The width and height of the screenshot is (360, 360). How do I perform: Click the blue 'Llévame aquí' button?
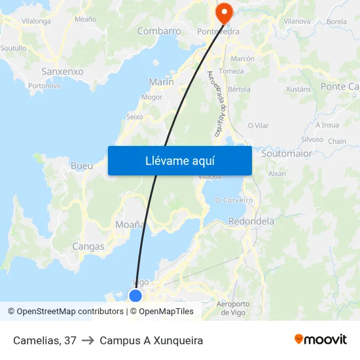point(179,160)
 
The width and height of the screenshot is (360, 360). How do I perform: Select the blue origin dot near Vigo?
point(135,296)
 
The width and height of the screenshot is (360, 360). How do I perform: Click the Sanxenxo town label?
point(62,71)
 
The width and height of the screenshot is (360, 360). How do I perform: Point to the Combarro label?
point(159,31)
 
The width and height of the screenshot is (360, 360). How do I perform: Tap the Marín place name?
point(161,82)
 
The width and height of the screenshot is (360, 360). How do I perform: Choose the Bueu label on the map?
point(82,166)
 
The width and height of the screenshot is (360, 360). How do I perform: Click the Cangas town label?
point(88,247)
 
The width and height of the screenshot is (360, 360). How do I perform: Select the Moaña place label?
point(130,225)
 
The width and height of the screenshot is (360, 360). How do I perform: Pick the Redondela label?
point(251,221)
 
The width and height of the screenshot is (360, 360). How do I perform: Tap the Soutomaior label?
point(287,154)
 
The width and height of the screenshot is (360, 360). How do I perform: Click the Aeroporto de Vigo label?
point(233,308)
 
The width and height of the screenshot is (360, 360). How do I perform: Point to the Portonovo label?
point(45,86)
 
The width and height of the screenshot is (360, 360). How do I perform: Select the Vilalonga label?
point(36,21)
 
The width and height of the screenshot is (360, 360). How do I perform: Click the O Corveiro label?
point(234,200)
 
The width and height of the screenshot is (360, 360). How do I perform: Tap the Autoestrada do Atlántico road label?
point(214,103)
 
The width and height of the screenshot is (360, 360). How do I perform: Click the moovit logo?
point(321,340)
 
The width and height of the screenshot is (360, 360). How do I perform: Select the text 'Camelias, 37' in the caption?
point(45,340)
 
